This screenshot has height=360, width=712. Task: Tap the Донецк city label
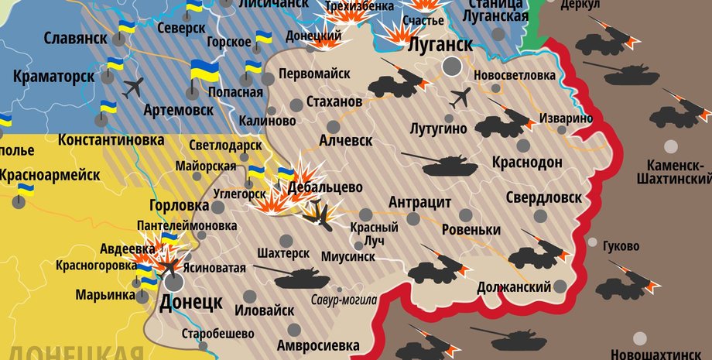click(190, 302)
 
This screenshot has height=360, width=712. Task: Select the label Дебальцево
click(325, 187)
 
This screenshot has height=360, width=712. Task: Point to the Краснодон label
click(526, 163)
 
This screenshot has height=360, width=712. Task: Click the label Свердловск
click(543, 197)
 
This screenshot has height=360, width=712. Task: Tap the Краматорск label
click(53, 77)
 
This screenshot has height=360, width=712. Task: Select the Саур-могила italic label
click(344, 300)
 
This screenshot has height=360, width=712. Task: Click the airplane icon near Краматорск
click(133, 86)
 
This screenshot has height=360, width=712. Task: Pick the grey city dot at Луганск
click(452, 67)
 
